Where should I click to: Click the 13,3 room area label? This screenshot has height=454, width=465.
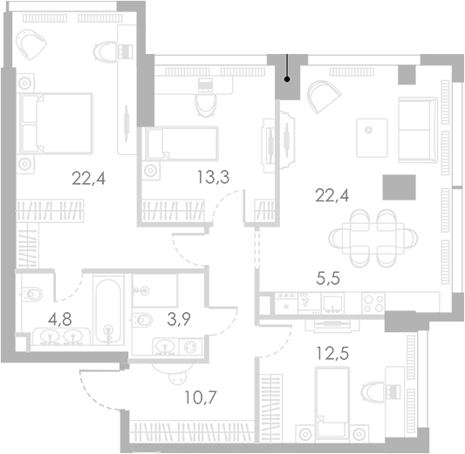coord(213,178)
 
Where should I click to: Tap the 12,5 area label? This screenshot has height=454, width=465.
coord(332,353)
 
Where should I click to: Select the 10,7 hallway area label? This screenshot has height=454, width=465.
coord(201,397)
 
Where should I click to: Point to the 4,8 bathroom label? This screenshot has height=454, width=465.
coord(59,320)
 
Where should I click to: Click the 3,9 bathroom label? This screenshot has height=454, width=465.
coord(179,320)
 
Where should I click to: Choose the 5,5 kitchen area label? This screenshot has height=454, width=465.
coord(328,279)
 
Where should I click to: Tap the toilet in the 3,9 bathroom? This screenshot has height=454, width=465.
coord(142,320)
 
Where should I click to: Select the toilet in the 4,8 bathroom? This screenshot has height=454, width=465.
coord(32,294)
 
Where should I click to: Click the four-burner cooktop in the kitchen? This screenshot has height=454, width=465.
coord(373,303)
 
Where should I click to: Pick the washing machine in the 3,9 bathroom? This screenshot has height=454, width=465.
coord(190,347)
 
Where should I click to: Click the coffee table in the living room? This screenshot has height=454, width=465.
coord(373,138)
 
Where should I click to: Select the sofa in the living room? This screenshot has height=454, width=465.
coord(418,130)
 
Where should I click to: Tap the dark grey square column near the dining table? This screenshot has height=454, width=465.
coord(399,187)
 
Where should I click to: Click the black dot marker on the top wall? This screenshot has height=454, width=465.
coord(287,79)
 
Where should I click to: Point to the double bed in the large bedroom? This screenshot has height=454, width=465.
coord(56,124)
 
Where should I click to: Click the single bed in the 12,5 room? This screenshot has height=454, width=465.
coord(332,403)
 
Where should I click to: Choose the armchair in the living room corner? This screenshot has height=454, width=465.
coord(324,97)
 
